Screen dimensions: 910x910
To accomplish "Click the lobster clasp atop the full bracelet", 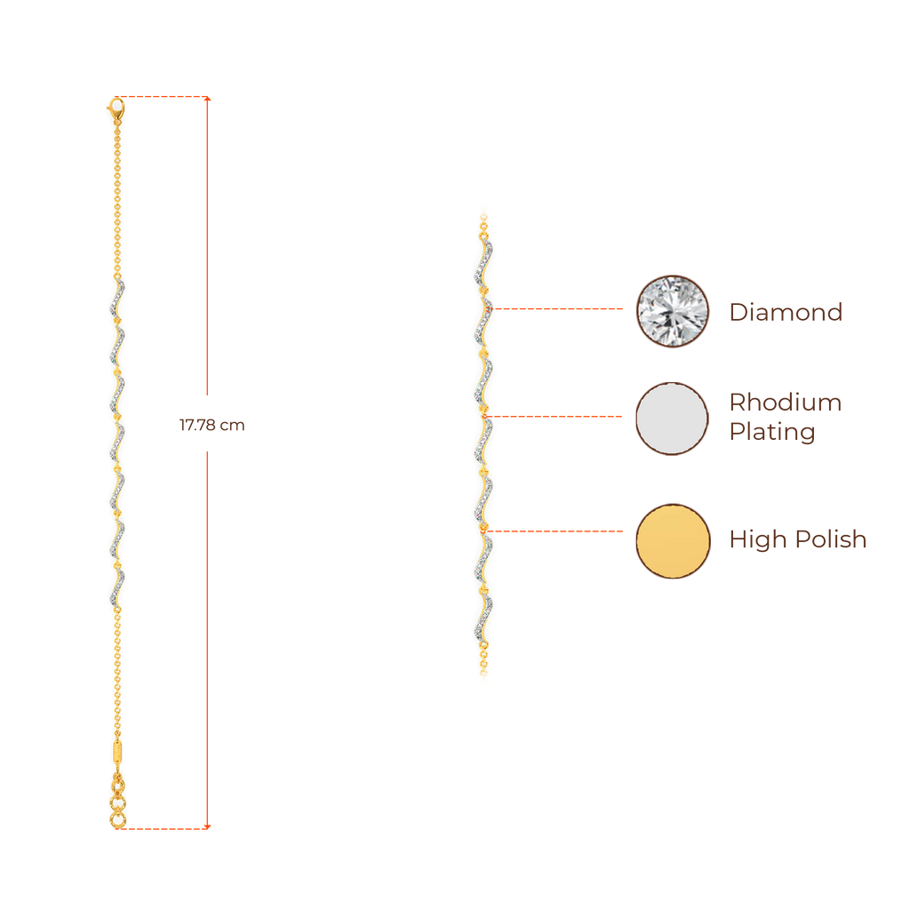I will click(x=116, y=110).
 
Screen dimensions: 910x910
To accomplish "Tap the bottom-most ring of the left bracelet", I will click(x=116, y=819).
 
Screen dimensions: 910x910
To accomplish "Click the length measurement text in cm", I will click(x=212, y=426).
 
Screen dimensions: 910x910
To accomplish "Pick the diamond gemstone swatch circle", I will click(x=673, y=312).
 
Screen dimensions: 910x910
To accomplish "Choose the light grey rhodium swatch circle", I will click(x=673, y=419).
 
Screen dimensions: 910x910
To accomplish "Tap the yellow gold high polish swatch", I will click(x=673, y=540).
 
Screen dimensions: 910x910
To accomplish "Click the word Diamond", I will click(x=785, y=312).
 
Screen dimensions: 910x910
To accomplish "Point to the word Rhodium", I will click(x=785, y=403).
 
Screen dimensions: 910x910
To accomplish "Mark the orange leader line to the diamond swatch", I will click(x=560, y=309).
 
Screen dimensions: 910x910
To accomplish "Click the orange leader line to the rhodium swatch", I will click(x=555, y=416).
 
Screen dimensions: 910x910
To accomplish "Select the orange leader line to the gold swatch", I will click(x=555, y=531).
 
